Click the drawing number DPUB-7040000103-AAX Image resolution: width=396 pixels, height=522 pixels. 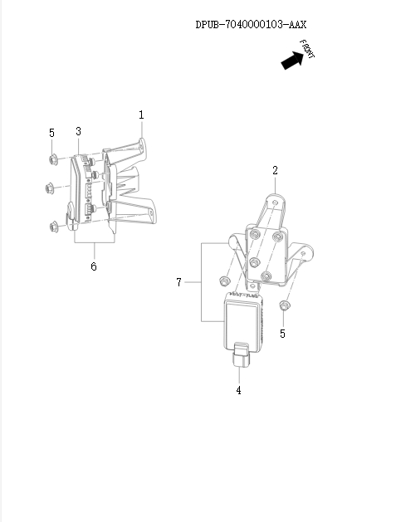tap(251, 25)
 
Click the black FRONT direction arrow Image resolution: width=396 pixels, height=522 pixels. tap(292, 61)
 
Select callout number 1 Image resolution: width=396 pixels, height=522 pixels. tap(141, 115)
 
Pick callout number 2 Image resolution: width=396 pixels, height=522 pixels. tap(275, 170)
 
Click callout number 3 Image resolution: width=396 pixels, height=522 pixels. tap(78, 131)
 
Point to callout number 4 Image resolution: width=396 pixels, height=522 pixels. tap(239, 390)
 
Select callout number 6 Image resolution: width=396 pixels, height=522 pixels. tap(93, 266)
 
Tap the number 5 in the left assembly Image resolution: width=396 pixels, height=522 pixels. tap(51, 132)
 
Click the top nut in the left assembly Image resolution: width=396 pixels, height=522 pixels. tap(52, 159)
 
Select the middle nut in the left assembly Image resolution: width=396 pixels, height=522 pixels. tap(49, 188)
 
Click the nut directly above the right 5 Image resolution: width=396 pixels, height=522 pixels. tap(284, 308)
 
